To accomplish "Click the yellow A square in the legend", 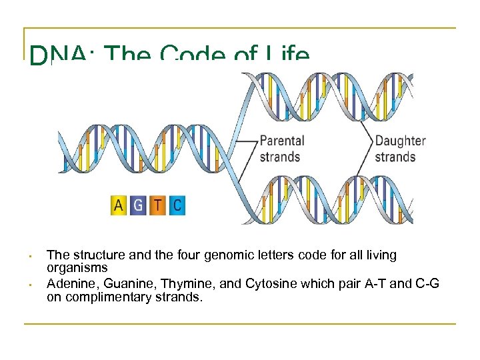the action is tap(119, 205).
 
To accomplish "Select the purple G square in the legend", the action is tap(138, 205).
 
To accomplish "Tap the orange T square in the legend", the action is tap(157, 205).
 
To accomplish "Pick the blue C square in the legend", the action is tap(177, 205).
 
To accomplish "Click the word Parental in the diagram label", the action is tap(282, 141).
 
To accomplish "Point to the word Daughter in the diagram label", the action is tap(400, 141).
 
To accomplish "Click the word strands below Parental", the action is tap(280, 157).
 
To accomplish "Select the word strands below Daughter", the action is tap(395, 157).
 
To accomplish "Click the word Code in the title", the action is tap(194, 56).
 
